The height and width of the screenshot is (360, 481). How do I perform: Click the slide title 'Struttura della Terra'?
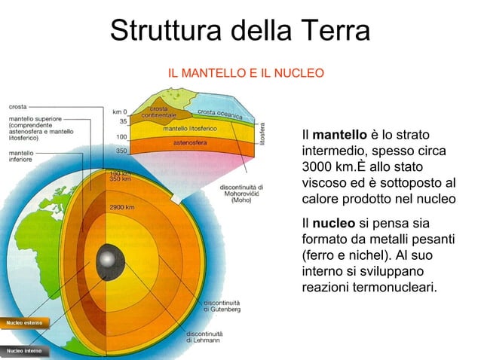pos(240,31)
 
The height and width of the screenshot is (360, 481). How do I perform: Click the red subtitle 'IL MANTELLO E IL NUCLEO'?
pos(246,73)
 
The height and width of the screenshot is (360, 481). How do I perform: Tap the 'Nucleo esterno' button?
pos(25,322)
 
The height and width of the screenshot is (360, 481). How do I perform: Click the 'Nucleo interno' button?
pos(25,351)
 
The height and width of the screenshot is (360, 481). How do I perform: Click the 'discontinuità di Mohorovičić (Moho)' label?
pos(240,194)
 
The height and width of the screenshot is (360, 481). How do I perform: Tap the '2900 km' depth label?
pos(122,207)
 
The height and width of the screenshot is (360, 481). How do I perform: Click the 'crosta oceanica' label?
pos(219,114)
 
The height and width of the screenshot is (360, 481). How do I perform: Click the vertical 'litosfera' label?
pos(262,133)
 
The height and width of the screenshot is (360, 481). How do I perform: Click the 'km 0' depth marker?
pos(119,111)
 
